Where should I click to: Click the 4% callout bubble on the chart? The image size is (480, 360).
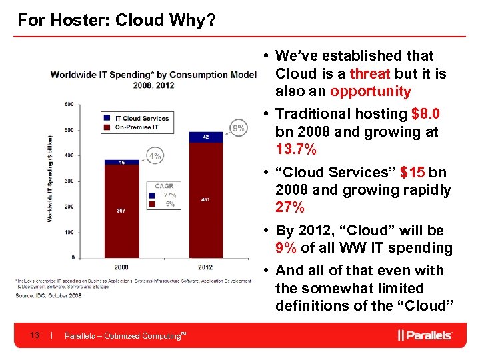pyautogui.click(x=155, y=156)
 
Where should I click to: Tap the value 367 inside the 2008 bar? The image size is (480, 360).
pyautogui.click(x=121, y=211)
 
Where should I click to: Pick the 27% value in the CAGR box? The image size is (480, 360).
pyautogui.click(x=169, y=195)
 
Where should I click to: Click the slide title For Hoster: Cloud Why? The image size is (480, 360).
pyautogui.click(x=116, y=20)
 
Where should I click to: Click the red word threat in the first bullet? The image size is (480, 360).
pyautogui.click(x=369, y=73)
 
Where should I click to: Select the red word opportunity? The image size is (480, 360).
pyautogui.click(x=370, y=91)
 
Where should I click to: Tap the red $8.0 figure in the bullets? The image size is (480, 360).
pyautogui.click(x=425, y=114)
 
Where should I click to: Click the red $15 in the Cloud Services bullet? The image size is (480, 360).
pyautogui.click(x=414, y=173)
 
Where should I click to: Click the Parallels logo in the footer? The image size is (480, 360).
pyautogui.click(x=425, y=335)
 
